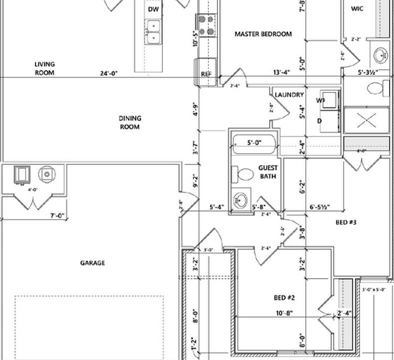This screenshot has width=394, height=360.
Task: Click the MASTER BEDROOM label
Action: [263, 34]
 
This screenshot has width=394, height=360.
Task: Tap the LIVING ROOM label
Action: [44, 68]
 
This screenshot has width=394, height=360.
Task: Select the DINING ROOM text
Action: [129, 122]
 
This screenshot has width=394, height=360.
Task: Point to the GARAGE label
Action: [92, 263]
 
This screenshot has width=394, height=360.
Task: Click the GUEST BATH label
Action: [268, 172]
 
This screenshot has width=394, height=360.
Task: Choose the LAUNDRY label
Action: [289, 95]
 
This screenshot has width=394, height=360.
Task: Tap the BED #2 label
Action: [285, 298]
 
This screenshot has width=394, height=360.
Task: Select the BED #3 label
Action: [347, 221]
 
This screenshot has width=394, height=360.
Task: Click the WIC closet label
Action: [357, 8]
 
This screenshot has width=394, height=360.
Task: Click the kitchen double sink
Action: [154, 31]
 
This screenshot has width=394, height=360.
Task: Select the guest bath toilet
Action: [243, 175]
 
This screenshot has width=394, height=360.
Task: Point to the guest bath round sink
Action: [241, 199]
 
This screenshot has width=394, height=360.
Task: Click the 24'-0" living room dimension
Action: [108, 73]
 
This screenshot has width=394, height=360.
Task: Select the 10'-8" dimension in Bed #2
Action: [284, 313]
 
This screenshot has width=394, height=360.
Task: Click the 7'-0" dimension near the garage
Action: [56, 216]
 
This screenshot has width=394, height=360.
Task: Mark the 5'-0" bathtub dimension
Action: [255, 143]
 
